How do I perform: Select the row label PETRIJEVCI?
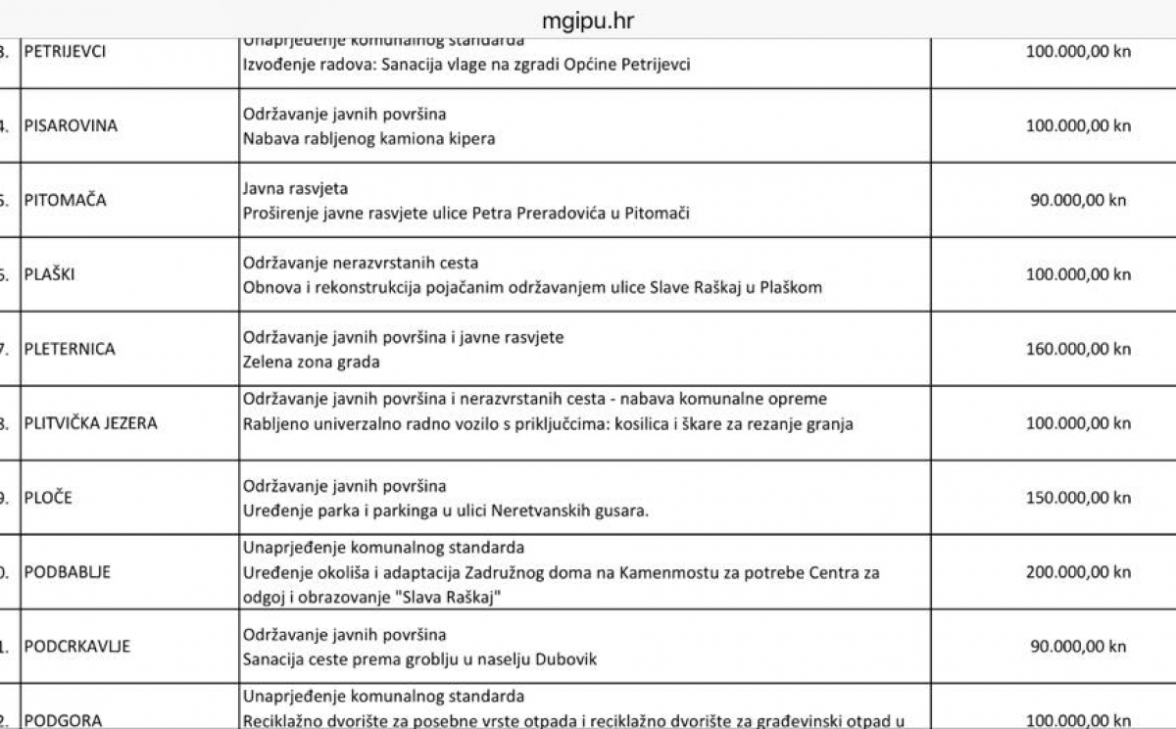pos(65,51)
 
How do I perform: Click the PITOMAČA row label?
pos(66,200)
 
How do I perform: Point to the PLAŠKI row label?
pos(49,274)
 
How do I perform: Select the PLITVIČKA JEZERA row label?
pos(91,423)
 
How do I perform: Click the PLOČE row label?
pos(48,498)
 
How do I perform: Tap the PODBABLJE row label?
pos(67,572)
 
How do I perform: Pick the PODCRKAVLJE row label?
pos(77,647)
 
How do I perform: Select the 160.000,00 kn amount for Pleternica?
pos(1078,349)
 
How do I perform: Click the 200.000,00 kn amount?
pos(1078,572)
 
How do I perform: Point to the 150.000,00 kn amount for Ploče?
pos(1078,498)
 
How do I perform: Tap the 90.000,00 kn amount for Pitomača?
pos(1078,200)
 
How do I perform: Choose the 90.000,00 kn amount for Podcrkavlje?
pos(1078,647)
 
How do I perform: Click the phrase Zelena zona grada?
pos(311,362)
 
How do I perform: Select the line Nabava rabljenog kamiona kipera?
pos(368,138)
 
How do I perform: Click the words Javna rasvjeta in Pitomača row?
pos(295,188)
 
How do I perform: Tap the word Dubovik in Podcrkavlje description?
pos(565,659)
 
